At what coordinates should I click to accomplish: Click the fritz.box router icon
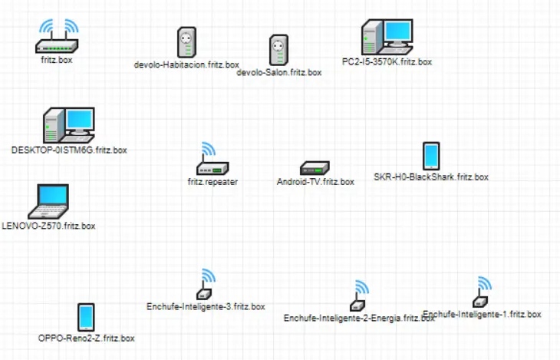[57, 36]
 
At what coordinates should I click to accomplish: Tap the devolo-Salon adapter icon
[278, 50]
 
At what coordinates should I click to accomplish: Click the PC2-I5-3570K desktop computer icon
[387, 36]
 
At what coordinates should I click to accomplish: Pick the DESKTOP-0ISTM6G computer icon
[68, 124]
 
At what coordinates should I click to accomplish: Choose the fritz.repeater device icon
[211, 160]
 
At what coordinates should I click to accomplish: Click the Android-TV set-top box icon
[315, 168]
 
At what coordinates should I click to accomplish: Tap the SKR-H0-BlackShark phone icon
[431, 156]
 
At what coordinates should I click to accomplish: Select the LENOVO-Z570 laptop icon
[48, 203]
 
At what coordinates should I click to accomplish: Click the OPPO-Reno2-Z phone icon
[86, 316]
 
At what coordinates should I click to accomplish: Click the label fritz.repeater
[212, 183]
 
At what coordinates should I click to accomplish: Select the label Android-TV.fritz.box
[315, 183]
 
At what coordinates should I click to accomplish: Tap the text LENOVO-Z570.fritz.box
[49, 226]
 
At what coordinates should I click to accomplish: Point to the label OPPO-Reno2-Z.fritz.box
[87, 338]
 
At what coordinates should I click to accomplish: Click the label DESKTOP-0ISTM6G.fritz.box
[69, 150]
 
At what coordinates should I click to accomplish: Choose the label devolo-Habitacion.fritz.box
[186, 65]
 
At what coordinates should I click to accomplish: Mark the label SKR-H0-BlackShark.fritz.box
[431, 177]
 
